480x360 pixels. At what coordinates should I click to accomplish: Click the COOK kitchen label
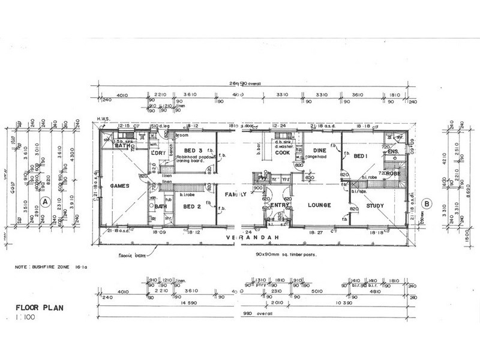click(283, 152)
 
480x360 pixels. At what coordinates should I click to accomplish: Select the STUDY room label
click(375, 205)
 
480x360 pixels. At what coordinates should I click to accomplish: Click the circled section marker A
click(44, 202)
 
